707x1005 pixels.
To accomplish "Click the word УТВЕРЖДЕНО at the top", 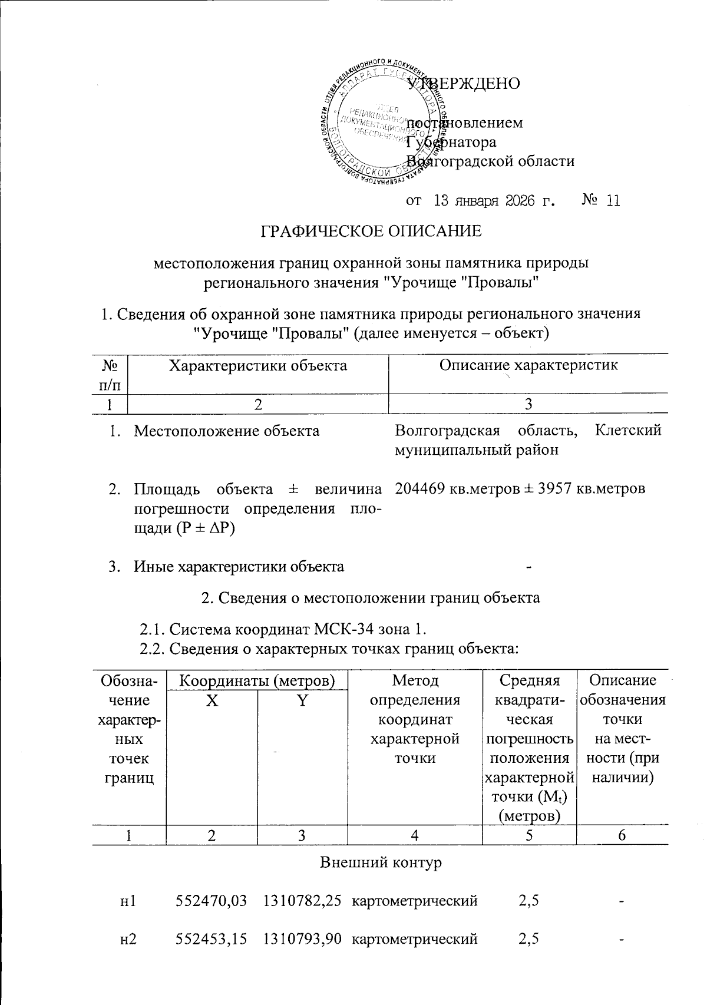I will coord(464,84).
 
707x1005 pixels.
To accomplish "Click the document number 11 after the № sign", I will coord(613,201).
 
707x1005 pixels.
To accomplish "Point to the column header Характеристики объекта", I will coord(258,365).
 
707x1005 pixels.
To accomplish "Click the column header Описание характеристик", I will coord(528,365).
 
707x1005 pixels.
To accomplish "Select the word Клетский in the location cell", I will coord(628,431).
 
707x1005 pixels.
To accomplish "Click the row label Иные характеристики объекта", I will coord(239,567).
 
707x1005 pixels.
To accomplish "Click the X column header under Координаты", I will coord(212,700).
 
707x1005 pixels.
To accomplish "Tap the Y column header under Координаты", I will coord(302,700).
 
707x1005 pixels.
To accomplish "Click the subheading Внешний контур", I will coord(380,863).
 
